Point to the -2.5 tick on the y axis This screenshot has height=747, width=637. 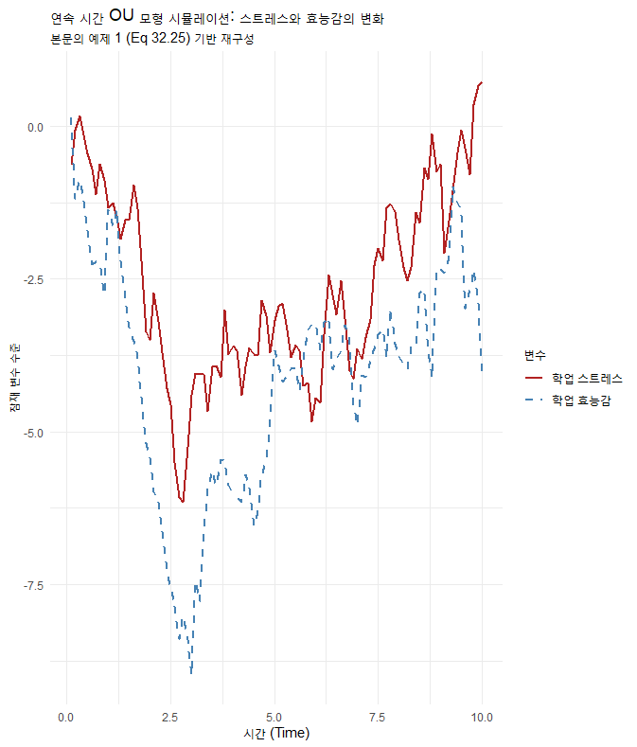[x=31, y=279]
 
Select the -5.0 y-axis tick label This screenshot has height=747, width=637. [x=31, y=433]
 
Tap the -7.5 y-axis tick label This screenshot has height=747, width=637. [x=31, y=585]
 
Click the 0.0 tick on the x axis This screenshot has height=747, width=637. [x=66, y=717]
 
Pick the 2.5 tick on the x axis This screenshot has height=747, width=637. [x=170, y=717]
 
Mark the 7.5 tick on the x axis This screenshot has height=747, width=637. [x=379, y=717]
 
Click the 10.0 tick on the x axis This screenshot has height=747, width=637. [x=482, y=717]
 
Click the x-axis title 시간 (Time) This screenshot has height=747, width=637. [x=275, y=733]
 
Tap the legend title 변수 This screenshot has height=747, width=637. [x=534, y=355]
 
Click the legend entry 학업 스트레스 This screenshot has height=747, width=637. [x=587, y=378]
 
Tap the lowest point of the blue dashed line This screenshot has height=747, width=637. [x=191, y=673]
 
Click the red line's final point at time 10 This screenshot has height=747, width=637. [x=482, y=82]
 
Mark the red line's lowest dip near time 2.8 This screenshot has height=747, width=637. [x=184, y=502]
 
